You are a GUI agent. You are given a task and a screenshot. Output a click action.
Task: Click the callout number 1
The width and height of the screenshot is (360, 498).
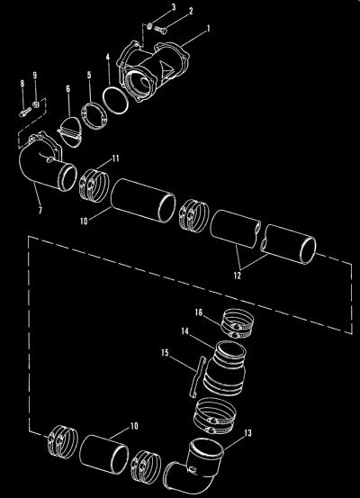[x=209, y=29]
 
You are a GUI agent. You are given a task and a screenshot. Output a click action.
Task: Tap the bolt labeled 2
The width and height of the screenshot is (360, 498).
[x=160, y=31]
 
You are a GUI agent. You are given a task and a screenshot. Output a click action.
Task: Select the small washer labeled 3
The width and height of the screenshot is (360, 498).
[x=150, y=26]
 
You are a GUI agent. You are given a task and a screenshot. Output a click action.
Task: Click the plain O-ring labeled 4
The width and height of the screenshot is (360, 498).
[x=115, y=100]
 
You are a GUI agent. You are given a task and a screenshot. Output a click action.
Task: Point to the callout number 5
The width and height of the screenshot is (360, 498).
[x=89, y=75]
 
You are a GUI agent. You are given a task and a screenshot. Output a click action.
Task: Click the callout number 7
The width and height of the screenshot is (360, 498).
[x=40, y=210]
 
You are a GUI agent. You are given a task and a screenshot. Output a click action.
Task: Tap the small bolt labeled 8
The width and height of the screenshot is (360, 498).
[x=25, y=112]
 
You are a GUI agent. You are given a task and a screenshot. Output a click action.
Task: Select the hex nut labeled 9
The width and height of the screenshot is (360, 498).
[x=36, y=104]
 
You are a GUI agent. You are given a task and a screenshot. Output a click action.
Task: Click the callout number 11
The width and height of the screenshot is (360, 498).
[x=115, y=158]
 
